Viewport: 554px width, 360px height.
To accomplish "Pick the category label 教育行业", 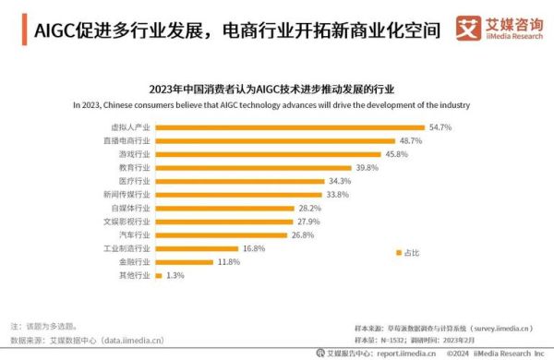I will [x=131, y=168].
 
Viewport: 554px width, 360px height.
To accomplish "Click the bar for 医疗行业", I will [x=239, y=182].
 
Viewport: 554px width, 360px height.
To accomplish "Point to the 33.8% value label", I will [x=338, y=195].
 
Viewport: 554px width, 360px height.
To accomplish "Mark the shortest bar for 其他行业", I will [x=158, y=276].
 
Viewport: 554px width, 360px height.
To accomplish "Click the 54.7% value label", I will [x=439, y=127].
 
